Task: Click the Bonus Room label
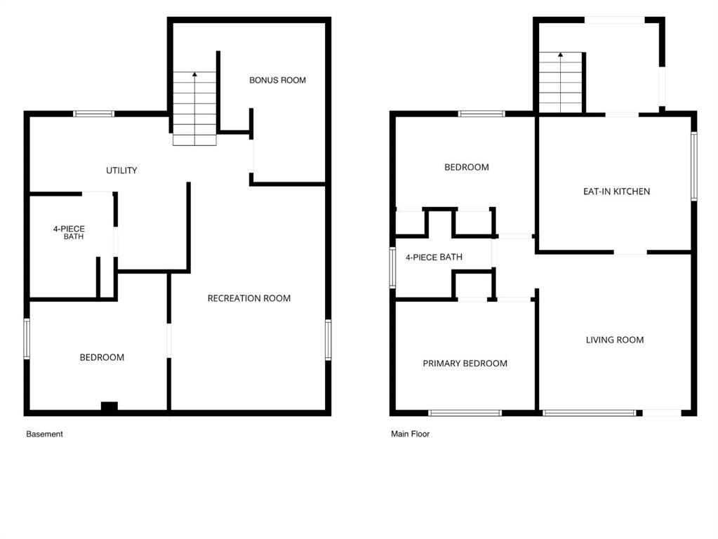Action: (x=277, y=80)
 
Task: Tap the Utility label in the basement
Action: (x=121, y=171)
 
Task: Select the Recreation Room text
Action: (x=249, y=298)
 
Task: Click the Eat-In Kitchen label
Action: (x=616, y=192)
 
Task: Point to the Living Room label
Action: (x=615, y=340)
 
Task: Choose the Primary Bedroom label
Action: (x=465, y=363)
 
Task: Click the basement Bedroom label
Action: (x=102, y=357)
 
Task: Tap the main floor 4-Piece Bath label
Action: (x=434, y=257)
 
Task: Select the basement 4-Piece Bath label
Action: (x=69, y=232)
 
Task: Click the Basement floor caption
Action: (x=44, y=434)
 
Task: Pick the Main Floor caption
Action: (x=411, y=434)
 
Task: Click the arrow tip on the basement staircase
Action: (x=194, y=73)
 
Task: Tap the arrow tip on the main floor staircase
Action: (x=561, y=54)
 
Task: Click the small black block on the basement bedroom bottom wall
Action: (x=109, y=406)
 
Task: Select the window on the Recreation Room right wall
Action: (x=328, y=340)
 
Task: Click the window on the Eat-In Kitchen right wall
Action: (x=694, y=166)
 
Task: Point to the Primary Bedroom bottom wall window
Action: (x=465, y=413)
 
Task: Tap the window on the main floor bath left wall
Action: (x=392, y=267)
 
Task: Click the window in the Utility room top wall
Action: (x=94, y=114)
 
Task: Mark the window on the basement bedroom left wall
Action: (x=27, y=339)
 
